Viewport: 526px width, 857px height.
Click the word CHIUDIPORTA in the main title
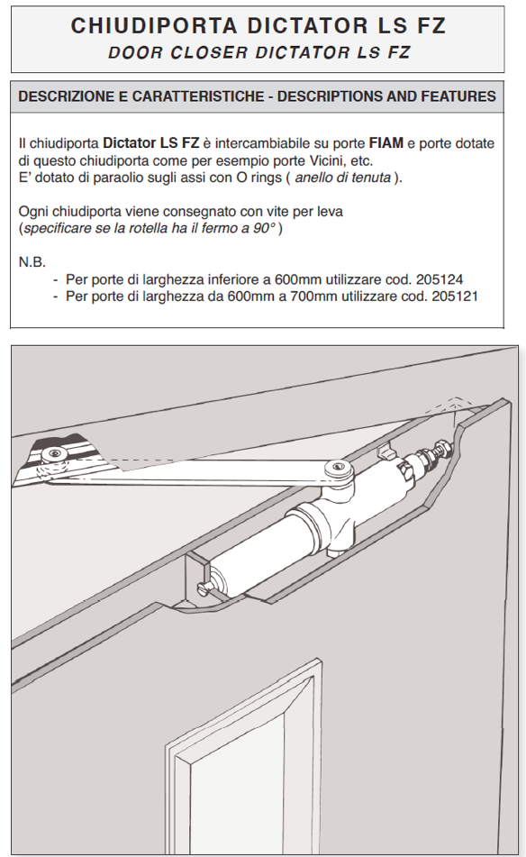pyautogui.click(x=155, y=26)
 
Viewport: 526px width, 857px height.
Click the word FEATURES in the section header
pyautogui.click(x=458, y=96)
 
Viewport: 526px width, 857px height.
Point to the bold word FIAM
pyautogui.click(x=386, y=143)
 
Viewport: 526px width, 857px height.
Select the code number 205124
pyautogui.click(x=440, y=280)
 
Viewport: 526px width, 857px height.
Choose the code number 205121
pyautogui.click(x=455, y=296)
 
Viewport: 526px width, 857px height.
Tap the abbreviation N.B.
pyautogui.click(x=32, y=262)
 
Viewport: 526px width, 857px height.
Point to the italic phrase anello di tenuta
pyautogui.click(x=343, y=178)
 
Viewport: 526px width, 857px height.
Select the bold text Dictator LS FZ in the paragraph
pyautogui.click(x=150, y=143)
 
